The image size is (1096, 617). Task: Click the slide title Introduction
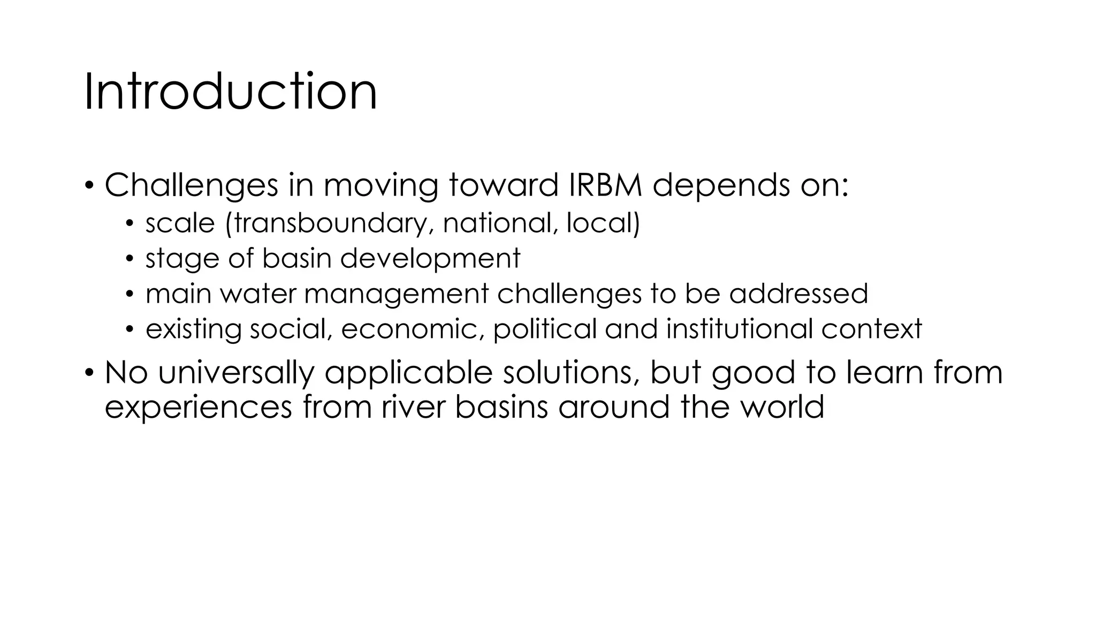[231, 92]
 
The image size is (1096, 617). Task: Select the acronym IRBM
[602, 185]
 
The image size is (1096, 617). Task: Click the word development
[430, 259]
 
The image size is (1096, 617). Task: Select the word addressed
[798, 294]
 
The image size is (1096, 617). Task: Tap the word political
[544, 329]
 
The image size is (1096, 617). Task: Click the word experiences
[199, 407]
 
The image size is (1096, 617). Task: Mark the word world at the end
[782, 407]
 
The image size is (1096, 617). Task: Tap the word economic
[409, 329]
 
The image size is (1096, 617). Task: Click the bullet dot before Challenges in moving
[89, 186]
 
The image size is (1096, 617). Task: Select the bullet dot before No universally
[89, 373]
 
